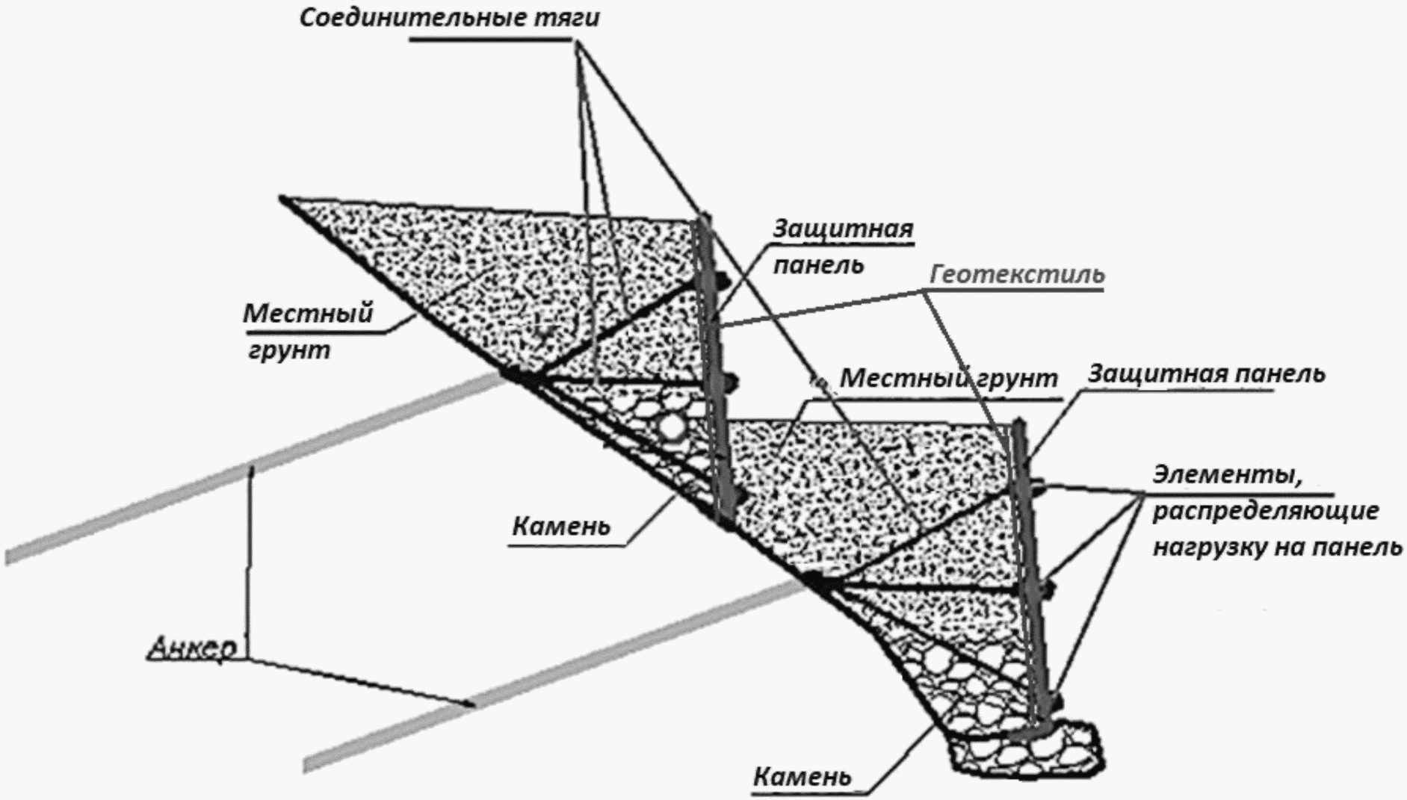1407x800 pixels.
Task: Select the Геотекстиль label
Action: click(1017, 274)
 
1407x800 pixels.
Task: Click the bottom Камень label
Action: click(802, 777)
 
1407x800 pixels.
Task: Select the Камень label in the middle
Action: click(561, 527)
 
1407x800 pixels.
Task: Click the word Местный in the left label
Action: click(308, 313)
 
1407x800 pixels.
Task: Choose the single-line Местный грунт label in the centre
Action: click(948, 378)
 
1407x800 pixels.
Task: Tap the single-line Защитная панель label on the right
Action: click(1206, 373)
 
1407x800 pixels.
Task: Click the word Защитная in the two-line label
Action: click(843, 228)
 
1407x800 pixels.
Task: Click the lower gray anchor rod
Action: click(554, 677)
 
